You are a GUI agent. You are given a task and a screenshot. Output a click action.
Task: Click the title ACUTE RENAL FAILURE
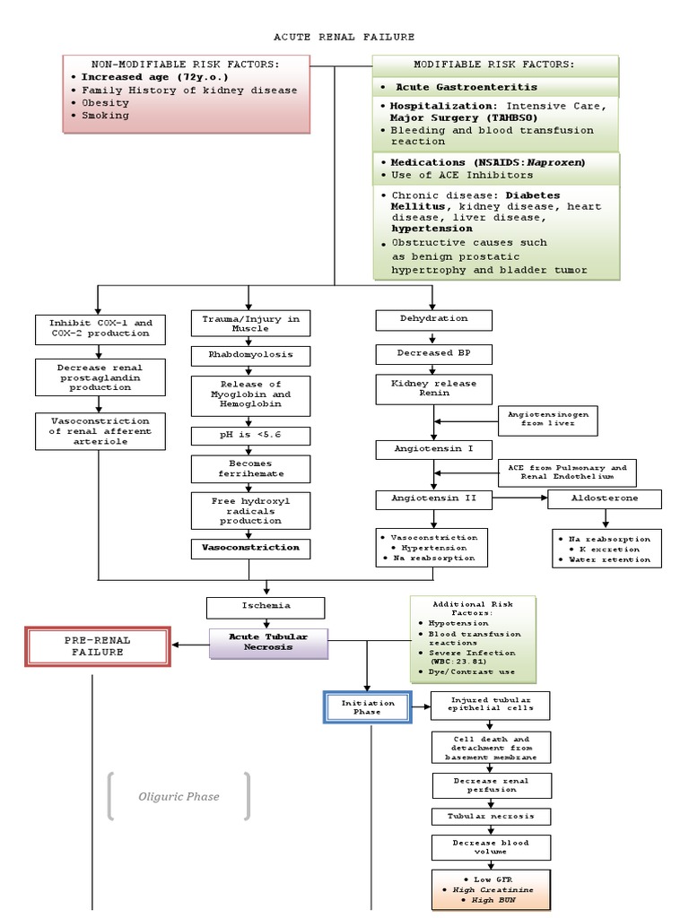344,37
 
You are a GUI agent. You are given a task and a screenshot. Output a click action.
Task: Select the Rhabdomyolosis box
250,356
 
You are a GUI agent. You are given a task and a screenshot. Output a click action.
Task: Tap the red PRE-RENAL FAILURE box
97,646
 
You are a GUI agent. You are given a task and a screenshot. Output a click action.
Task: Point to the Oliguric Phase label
179,796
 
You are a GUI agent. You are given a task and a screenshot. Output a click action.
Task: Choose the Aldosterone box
605,499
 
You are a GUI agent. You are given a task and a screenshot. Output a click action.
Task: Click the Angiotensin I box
433,448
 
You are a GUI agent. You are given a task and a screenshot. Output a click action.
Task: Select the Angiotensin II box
433,499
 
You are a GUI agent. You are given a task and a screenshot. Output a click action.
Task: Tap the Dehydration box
433,319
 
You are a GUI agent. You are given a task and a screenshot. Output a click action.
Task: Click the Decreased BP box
433,354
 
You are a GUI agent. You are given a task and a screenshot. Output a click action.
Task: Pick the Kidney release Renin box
433,388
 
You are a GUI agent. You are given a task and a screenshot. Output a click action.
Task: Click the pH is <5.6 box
250,437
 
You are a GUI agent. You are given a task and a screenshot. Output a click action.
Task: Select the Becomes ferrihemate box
250,469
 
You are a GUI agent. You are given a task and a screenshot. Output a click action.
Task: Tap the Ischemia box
266,607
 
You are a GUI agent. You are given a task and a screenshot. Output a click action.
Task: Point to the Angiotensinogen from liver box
547,420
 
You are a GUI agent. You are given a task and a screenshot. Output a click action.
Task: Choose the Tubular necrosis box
491,817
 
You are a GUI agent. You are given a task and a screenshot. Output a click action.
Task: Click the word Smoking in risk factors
105,116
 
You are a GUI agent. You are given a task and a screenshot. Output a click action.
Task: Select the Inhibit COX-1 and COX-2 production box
100,329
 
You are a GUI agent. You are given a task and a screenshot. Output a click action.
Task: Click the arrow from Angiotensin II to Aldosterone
519,499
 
